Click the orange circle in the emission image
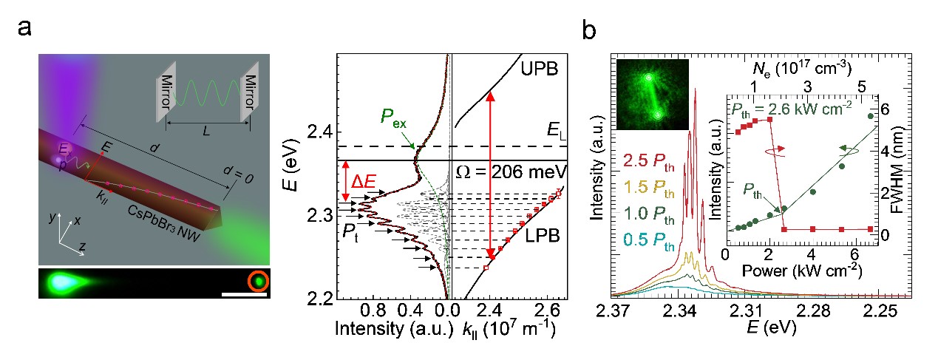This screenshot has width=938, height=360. point(259,282)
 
